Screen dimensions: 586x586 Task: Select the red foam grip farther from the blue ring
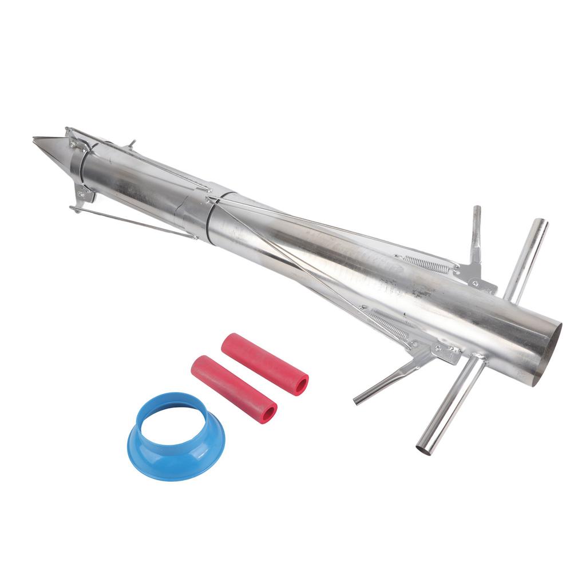[264, 364]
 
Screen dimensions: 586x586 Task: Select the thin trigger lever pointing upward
[476, 235]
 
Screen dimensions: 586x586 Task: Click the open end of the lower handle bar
[424, 449]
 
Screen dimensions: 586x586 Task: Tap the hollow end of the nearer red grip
[266, 414]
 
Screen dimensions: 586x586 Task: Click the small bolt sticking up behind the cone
[132, 144]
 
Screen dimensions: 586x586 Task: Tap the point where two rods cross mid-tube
[214, 201]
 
